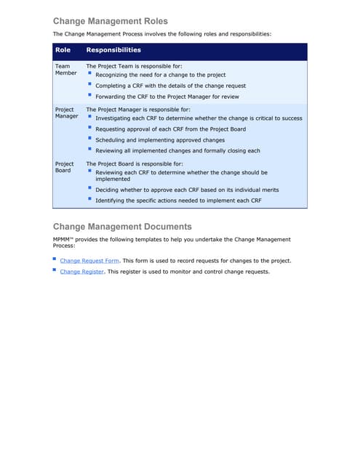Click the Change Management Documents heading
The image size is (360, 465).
pyautogui.click(x=122, y=226)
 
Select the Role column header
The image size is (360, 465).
pyautogui.click(x=63, y=50)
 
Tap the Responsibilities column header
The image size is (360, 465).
pyautogui.click(x=113, y=50)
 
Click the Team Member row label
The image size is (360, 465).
pyautogui.click(x=65, y=70)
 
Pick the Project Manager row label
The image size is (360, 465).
pyautogui.click(x=66, y=113)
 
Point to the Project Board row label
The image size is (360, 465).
pyautogui.click(x=64, y=167)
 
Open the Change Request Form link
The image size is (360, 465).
pyautogui.click(x=89, y=260)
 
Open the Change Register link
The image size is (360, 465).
pyautogui.click(x=81, y=272)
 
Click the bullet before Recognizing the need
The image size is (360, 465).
pyautogui.click(x=89, y=74)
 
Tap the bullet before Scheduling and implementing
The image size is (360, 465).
pyautogui.click(x=89, y=139)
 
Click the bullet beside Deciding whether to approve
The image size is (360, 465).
pyautogui.click(x=89, y=189)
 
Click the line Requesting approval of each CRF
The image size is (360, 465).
pyautogui.click(x=170, y=129)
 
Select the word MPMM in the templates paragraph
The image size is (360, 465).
pyautogui.click(x=63, y=239)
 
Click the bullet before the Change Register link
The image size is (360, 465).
pyautogui.click(x=55, y=270)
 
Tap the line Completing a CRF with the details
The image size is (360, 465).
pyautogui.click(x=170, y=86)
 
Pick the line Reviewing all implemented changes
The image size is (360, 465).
pyautogui.click(x=177, y=150)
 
